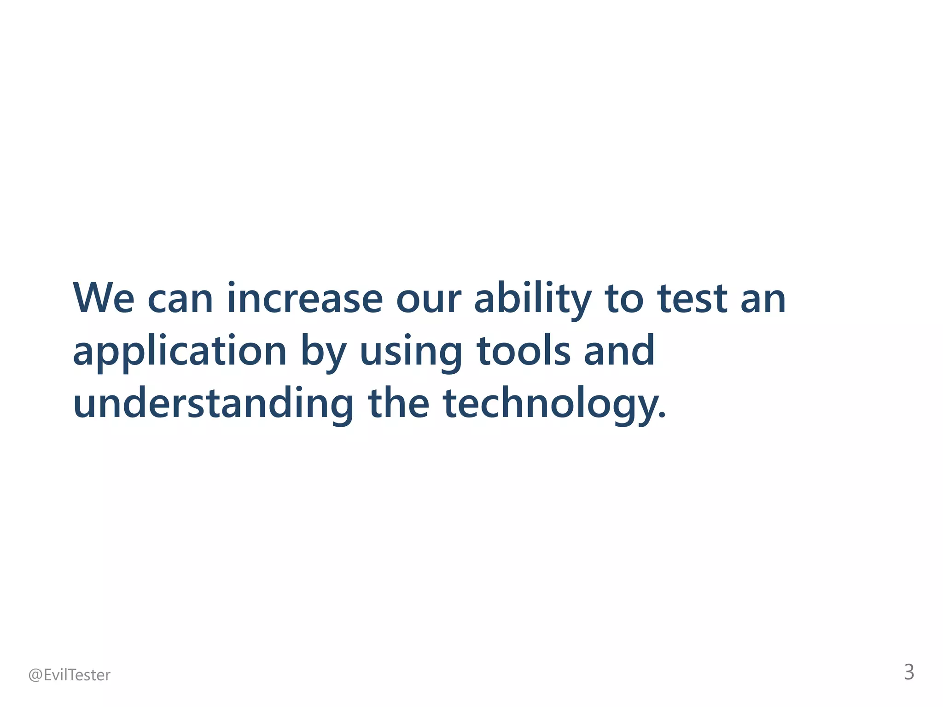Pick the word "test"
693,299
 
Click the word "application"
180,352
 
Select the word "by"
323,352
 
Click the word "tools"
524,351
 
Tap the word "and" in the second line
619,351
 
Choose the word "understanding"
213,404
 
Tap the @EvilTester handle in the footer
70,675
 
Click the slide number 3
909,672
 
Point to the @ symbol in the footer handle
35,675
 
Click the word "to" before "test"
624,299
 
